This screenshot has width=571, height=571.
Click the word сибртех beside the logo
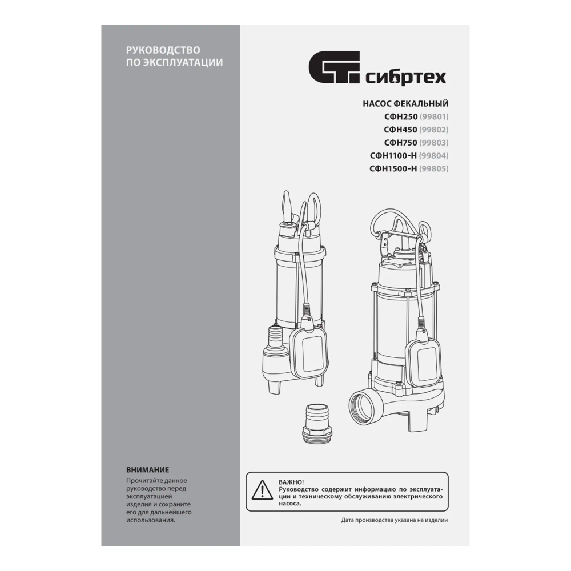point(405,77)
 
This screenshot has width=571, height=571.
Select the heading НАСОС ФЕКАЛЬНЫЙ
point(405,104)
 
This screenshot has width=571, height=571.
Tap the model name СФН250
point(401,117)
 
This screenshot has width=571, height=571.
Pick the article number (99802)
point(434,130)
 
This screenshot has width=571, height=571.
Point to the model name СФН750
point(401,143)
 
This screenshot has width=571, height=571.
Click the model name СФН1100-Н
point(393,156)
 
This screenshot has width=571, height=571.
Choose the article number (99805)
point(434,168)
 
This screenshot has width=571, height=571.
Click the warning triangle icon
point(262,490)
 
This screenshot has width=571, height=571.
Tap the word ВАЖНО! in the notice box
point(291,482)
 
